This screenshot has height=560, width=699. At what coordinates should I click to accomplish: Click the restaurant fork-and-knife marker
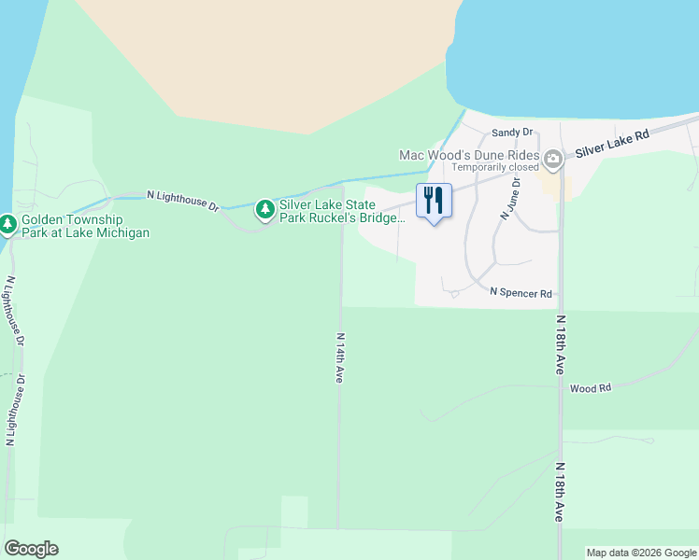(433, 200)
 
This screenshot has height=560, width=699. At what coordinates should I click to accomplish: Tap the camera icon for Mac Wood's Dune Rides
(553, 159)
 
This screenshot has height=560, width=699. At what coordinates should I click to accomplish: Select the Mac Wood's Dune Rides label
(469, 155)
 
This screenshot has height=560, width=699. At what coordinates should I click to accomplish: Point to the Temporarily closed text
(495, 168)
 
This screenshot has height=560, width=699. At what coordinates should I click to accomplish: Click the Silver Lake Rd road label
(612, 143)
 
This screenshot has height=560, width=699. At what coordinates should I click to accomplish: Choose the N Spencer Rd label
(521, 293)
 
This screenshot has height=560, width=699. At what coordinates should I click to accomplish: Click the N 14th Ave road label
(340, 357)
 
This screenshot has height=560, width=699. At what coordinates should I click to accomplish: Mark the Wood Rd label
(590, 387)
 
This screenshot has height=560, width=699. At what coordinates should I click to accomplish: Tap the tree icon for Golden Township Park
(8, 224)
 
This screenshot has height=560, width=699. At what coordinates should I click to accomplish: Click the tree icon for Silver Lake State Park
(265, 210)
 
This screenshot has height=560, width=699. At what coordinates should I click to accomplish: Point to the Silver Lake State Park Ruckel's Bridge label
(342, 211)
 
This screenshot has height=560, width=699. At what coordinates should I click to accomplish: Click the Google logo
(31, 549)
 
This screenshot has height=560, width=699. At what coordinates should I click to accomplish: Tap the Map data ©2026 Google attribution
(641, 553)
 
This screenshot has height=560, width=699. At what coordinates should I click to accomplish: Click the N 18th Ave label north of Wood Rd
(560, 345)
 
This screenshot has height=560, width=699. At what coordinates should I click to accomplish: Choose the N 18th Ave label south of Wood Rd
(560, 492)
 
